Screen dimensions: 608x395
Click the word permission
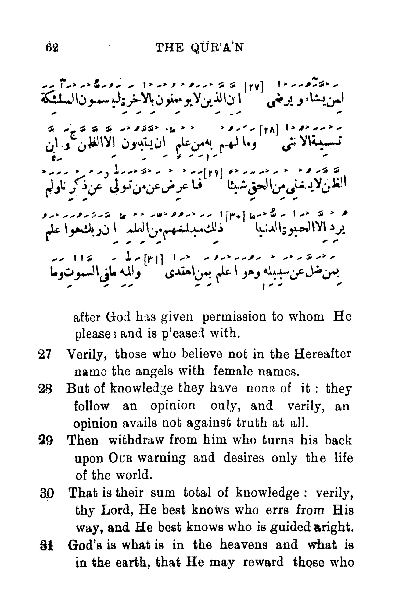click(234, 317)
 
